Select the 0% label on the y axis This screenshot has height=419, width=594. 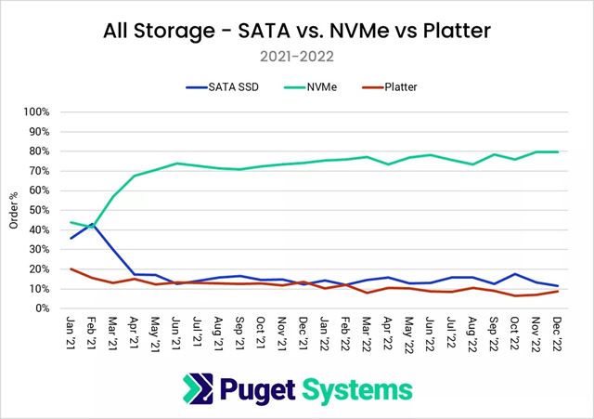pyautogui.click(x=54, y=308)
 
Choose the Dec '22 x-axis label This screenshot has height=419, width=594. pyautogui.click(x=558, y=332)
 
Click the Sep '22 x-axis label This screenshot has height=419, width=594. pyautogui.click(x=495, y=332)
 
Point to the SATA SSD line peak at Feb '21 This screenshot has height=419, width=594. pyautogui.click(x=93, y=224)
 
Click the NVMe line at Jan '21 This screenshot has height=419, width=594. pyautogui.click(x=71, y=222)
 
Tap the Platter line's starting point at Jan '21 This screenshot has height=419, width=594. pyautogui.click(x=71, y=269)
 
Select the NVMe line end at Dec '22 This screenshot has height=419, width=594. pyautogui.click(x=558, y=151)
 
